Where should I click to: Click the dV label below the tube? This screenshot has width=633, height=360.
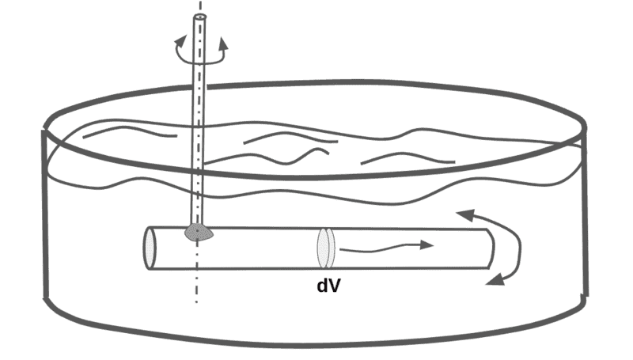pos(328,286)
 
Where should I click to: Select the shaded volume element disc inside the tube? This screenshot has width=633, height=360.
pos(327,248)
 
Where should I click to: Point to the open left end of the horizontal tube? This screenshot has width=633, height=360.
pos(150,248)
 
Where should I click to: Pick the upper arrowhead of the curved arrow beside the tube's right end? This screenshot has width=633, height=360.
pos(464,213)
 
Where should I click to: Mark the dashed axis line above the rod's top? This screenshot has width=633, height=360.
pos(201,7)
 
